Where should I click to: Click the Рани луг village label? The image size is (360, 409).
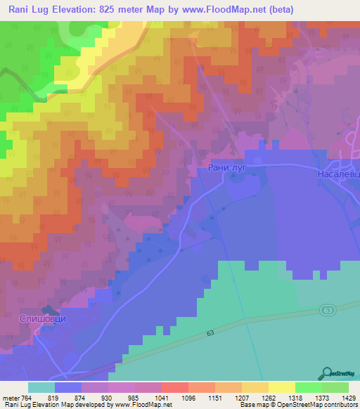[225, 167]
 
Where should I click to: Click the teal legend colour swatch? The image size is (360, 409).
[41, 387]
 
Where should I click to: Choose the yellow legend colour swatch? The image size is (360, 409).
[281, 387]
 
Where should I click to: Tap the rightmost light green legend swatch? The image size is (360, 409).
[335, 387]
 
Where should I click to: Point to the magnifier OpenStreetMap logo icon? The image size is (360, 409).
[328, 374]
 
